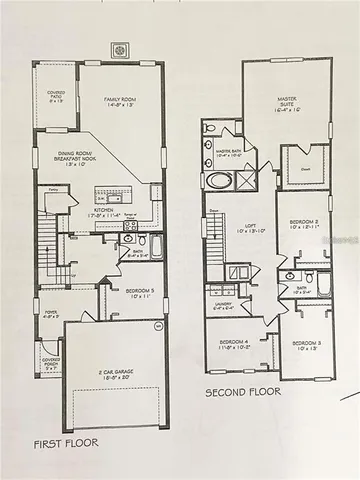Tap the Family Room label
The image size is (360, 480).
click(119, 102)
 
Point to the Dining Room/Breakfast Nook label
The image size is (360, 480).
click(76, 157)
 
